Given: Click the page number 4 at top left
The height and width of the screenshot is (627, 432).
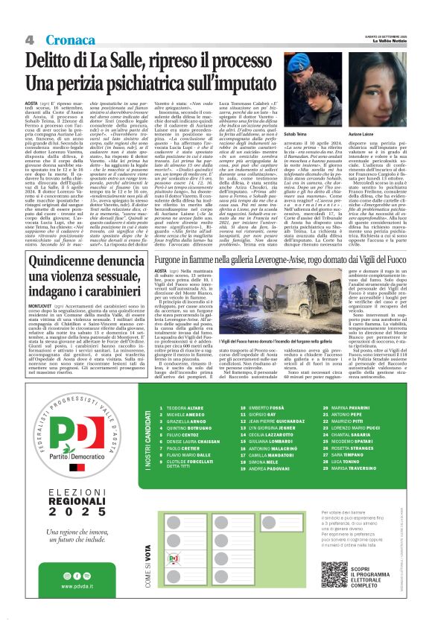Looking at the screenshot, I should pyautogui.click(x=31, y=39).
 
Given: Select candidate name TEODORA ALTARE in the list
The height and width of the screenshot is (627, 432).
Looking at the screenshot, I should pyautogui.click(x=183, y=430).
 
